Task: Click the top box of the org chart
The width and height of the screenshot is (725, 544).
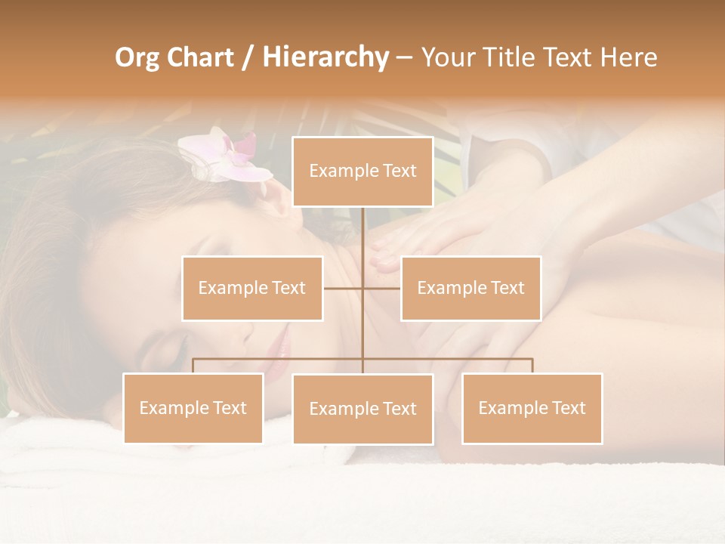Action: click(x=362, y=172)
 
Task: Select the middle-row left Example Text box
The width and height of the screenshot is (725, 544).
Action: click(x=252, y=288)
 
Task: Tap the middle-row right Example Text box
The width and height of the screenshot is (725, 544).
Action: click(x=470, y=288)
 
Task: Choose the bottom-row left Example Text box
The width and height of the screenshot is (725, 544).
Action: click(x=193, y=408)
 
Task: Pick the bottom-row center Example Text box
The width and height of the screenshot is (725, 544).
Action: click(x=362, y=409)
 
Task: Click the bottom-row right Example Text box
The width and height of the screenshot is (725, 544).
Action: click(x=532, y=408)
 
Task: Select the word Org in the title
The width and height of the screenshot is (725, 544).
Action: click(x=136, y=58)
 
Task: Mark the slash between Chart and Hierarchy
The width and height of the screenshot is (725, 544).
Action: click(x=248, y=58)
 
